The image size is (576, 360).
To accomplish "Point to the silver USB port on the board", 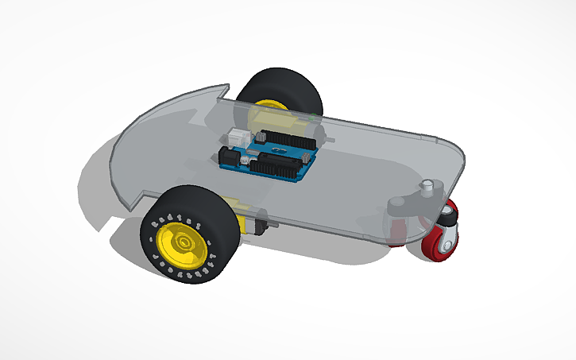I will click(x=239, y=137).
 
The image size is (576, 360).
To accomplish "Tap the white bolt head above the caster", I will click(x=429, y=188).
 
